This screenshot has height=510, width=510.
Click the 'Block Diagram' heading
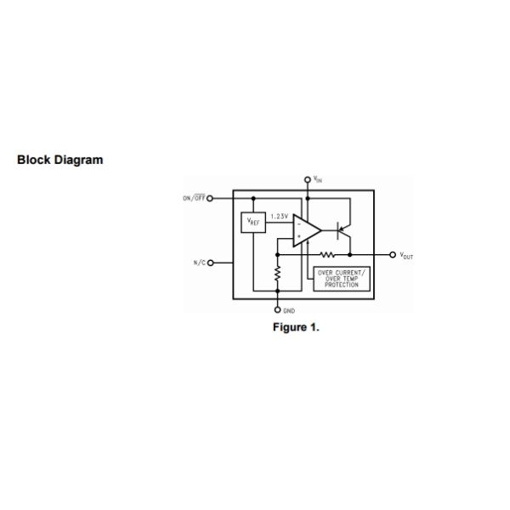tap(60, 160)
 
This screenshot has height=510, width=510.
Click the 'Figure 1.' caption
tap(296, 327)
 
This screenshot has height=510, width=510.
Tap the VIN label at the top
tap(317, 179)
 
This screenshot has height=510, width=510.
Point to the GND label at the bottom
tap(290, 312)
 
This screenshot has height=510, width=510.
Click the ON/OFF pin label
tap(194, 198)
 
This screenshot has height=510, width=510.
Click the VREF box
tap(254, 222)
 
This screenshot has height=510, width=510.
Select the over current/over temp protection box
tap(337, 279)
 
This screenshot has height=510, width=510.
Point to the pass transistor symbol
tap(342, 228)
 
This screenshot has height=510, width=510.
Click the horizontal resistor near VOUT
tap(327, 254)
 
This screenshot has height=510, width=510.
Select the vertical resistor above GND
tap(278, 275)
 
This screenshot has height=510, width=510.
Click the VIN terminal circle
tap(308, 180)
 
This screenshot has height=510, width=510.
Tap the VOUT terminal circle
tap(392, 254)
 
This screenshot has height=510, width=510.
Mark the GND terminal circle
tap(278, 309)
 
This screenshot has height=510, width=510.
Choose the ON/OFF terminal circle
tap(210, 198)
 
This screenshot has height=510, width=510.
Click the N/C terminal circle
tap(210, 263)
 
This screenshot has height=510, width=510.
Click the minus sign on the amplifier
tap(298, 224)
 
